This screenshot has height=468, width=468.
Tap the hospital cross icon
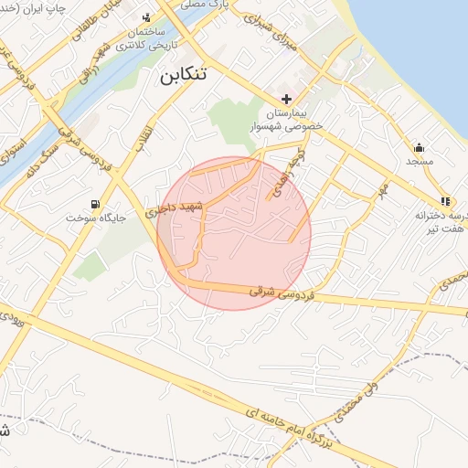[286, 99]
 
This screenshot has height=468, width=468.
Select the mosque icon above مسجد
[419, 147]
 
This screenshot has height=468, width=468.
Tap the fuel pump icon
[94, 204]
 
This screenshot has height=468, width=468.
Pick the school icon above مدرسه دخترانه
[444, 201]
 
